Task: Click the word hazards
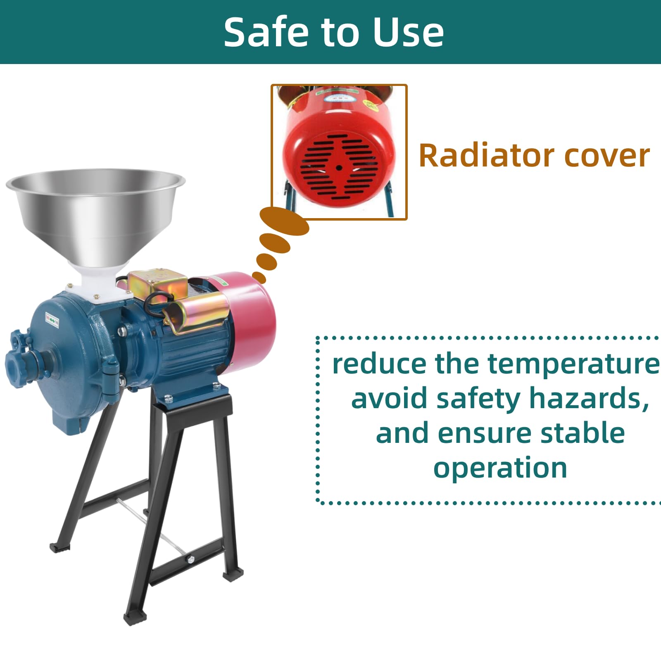[589, 399]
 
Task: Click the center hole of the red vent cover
[339, 168]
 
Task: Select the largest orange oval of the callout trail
[284, 221]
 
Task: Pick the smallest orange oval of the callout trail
[259, 277]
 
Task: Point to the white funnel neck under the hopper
[99, 281]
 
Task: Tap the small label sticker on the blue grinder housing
[52, 321]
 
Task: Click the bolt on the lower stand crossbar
[190, 559]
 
